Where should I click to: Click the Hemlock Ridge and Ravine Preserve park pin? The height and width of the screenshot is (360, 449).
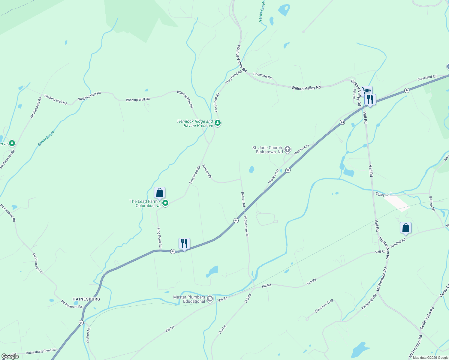tap(218, 123)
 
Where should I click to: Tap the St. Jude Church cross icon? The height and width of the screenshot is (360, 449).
tap(288, 149)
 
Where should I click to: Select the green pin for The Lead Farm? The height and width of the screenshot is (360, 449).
tap(165, 203)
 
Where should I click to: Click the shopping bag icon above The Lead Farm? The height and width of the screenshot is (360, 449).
tap(159, 193)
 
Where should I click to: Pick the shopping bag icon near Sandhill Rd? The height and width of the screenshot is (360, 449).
tap(405, 228)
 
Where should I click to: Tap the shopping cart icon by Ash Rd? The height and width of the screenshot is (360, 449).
tap(366, 91)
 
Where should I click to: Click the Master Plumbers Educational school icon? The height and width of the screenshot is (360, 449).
tap(210, 298)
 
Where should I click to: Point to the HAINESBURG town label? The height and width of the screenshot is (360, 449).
tap(86, 299)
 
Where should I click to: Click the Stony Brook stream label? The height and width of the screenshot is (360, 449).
tap(47, 138)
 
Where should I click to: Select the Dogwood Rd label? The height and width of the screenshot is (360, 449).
tap(262, 76)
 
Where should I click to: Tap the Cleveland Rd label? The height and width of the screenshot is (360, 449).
tap(427, 78)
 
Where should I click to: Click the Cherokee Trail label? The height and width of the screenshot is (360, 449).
tap(324, 306)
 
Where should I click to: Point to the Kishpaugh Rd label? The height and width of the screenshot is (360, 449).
tap(369, 302)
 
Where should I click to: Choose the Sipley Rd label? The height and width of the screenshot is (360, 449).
tap(382, 195)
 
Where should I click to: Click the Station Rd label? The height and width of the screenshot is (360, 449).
tap(88, 335)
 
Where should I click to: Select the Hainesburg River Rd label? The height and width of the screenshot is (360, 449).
tap(41, 351)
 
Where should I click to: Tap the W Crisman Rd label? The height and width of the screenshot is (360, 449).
tap(246, 226)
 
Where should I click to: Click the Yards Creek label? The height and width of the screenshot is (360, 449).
tap(262, 11)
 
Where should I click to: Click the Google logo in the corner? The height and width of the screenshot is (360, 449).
tap(10, 356)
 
